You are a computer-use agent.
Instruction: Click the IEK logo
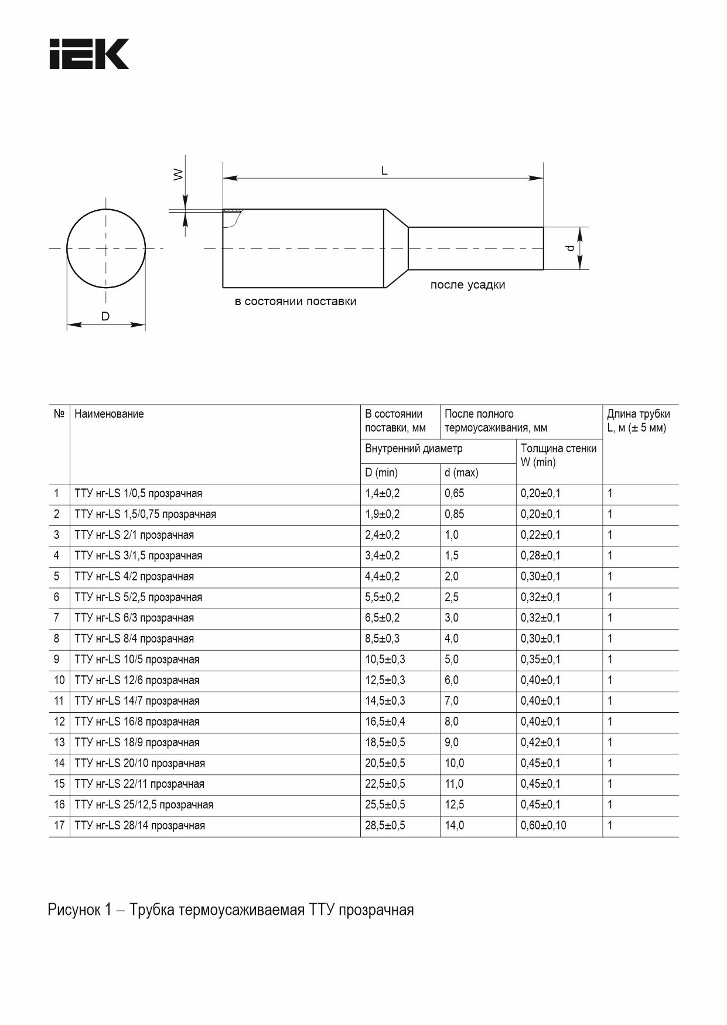coord(89,54)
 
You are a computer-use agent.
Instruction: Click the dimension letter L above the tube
coord(384,170)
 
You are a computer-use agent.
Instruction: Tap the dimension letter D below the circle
coord(105,316)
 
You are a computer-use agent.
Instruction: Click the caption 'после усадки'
coord(467,285)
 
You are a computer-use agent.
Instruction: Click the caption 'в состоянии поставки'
coord(295,302)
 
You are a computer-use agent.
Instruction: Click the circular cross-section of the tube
coord(106,248)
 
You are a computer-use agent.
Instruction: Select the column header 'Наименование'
coord(109,414)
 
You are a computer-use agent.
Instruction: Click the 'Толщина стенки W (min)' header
coord(558,455)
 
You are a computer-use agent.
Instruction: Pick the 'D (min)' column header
coord(381,473)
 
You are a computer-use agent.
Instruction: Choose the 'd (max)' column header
coord(461,473)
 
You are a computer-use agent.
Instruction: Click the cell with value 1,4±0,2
coord(382,493)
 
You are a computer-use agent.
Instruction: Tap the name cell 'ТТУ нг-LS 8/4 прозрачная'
coord(134,638)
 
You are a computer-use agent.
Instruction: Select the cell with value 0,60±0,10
coord(543,825)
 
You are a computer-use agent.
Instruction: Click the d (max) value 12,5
coord(454,805)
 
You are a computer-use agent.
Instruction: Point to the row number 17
coord(59,825)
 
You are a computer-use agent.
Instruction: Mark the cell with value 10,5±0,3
coord(385,660)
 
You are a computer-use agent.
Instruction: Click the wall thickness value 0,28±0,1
coord(540,555)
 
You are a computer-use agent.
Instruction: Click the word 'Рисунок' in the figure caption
coord(74,910)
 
